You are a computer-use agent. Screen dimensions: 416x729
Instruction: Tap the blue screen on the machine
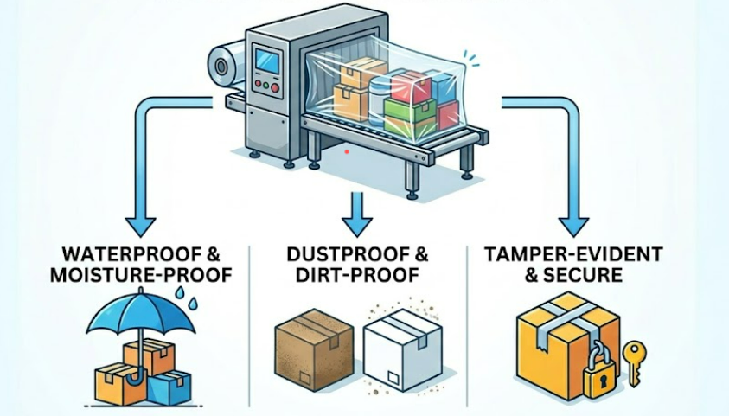tap(268, 63)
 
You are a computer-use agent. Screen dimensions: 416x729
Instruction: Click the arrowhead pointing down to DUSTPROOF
tap(354, 227)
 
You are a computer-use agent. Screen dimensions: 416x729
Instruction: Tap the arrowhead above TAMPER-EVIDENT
tap(572, 227)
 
